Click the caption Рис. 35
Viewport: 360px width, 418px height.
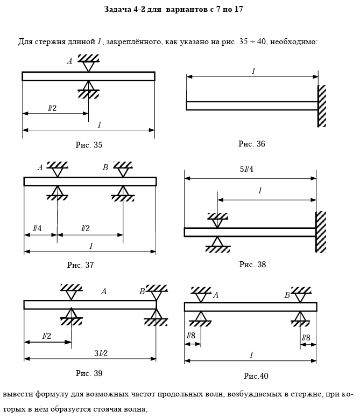coord(89,145)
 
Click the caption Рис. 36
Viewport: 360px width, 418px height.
coord(252,144)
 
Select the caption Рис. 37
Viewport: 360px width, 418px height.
coord(81,265)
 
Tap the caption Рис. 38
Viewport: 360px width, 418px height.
coord(252,264)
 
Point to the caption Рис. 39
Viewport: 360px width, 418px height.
coord(89,373)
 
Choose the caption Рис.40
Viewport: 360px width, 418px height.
coord(256,376)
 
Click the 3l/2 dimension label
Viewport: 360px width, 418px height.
coord(101,353)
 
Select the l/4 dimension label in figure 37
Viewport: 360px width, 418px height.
coord(37,228)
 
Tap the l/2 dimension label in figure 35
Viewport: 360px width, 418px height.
coord(52,108)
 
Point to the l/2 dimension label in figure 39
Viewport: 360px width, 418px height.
coord(47,336)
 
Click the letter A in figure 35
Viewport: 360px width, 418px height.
coord(69,61)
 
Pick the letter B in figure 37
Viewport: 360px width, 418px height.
coord(105,168)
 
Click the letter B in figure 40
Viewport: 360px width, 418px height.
coord(287,295)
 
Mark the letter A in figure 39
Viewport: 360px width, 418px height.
coord(104,291)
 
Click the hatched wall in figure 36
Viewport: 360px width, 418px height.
coord(322,106)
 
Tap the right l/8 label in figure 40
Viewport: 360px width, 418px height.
coord(306,338)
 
